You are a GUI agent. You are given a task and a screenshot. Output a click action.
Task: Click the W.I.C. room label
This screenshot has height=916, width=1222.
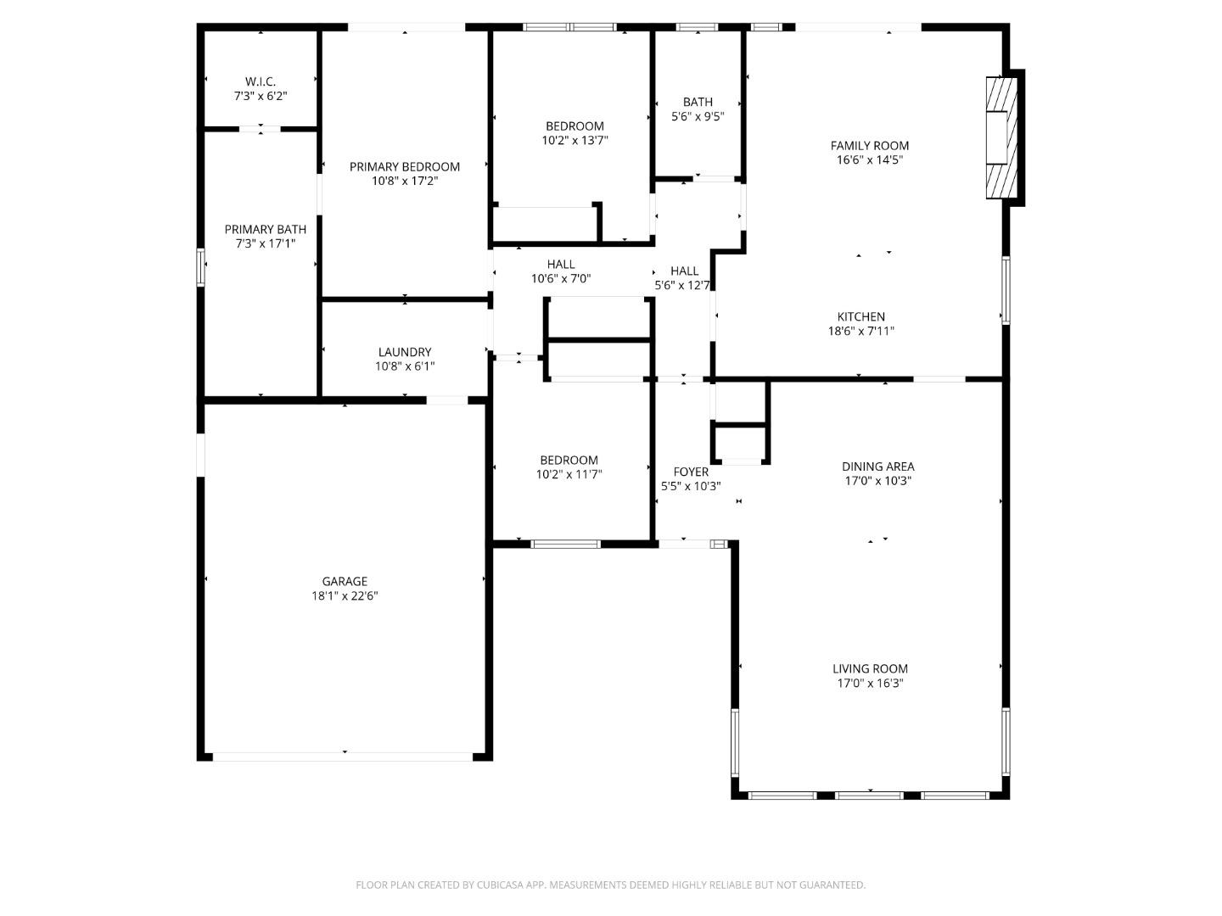(x=261, y=81)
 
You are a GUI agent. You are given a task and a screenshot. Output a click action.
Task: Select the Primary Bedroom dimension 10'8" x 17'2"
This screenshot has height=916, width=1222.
(x=405, y=181)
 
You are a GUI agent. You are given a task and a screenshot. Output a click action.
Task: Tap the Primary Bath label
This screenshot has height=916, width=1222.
(x=265, y=229)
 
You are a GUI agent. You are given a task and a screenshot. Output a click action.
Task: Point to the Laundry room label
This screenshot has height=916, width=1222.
(x=405, y=352)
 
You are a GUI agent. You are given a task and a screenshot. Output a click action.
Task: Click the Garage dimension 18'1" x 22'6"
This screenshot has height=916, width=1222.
(x=345, y=595)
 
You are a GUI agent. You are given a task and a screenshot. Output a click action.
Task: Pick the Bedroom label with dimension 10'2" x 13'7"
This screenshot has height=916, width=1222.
(x=575, y=126)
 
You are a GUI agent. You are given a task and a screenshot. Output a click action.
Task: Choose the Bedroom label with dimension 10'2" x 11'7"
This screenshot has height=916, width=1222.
(x=569, y=461)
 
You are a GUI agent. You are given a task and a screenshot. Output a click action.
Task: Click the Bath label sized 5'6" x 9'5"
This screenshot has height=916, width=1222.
(x=698, y=102)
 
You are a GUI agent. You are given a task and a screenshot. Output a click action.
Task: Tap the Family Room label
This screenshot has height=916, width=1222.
(x=869, y=146)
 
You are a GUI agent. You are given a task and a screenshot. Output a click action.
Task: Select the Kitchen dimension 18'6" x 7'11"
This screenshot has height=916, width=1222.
(x=861, y=332)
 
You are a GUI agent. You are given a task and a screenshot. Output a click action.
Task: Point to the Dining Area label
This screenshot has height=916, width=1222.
(x=877, y=466)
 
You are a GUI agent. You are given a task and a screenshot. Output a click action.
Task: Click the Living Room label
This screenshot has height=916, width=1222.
(x=870, y=668)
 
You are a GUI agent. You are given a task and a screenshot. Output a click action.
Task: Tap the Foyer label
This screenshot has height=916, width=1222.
(x=691, y=472)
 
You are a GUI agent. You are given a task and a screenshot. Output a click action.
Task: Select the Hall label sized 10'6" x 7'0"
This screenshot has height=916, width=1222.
(x=561, y=264)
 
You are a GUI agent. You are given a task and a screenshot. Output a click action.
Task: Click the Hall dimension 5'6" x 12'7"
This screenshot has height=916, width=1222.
(x=682, y=286)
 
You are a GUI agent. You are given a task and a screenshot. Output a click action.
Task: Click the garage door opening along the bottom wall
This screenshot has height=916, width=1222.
(x=344, y=756)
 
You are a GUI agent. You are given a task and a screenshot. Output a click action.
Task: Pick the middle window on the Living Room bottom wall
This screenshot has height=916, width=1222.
(x=869, y=796)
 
